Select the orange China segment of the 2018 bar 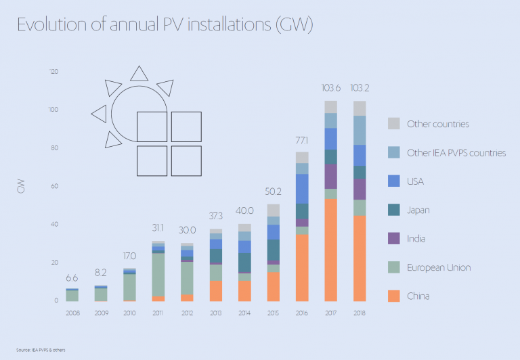tap(360, 258)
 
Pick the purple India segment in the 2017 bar tap(330, 177)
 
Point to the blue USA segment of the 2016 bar tap(301, 188)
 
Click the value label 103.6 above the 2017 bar tap(330, 88)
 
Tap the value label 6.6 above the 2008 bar tap(71, 278)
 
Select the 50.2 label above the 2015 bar tap(273, 192)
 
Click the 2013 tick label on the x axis tap(215, 313)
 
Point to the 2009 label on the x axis tap(100, 313)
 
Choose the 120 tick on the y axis tap(54, 72)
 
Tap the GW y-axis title tap(20, 187)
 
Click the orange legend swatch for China tap(394, 296)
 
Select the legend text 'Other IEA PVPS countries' tap(456, 153)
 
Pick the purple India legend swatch tap(394, 239)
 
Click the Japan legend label tap(418, 210)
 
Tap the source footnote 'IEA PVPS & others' tap(41, 349)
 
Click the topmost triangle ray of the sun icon tap(139, 74)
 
